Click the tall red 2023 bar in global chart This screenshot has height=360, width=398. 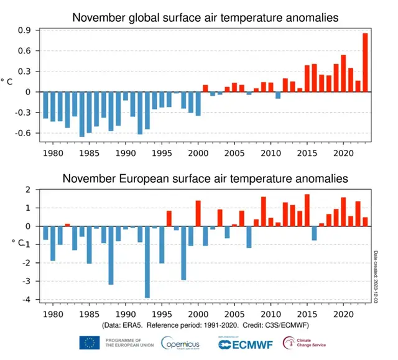(x=365, y=62)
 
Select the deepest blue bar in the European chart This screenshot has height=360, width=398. (x=147, y=262)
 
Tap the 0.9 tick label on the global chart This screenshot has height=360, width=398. (x=25, y=30)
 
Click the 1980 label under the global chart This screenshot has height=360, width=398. (x=52, y=152)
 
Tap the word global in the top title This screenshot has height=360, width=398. (x=157, y=17)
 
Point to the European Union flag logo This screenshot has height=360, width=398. (x=90, y=342)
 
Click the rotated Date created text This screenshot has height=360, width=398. (x=376, y=276)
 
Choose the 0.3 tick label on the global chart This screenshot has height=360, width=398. (x=25, y=72)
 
